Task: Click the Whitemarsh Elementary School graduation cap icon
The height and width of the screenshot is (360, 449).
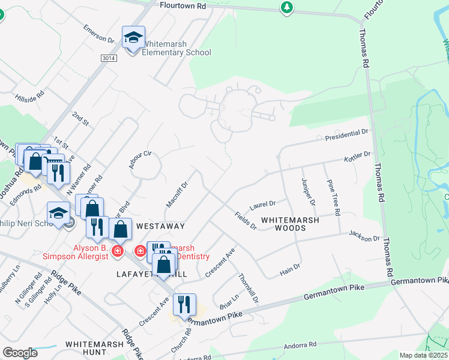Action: click(x=133, y=38)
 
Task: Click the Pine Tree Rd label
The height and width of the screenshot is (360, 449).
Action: click(x=332, y=197)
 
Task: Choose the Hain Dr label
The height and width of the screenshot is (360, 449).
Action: click(x=290, y=270)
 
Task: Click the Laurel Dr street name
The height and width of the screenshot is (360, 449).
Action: click(x=262, y=205)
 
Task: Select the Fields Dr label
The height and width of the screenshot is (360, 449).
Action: click(x=246, y=221)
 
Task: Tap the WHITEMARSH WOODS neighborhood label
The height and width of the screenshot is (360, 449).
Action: click(x=290, y=224)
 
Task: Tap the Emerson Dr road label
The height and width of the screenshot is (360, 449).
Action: click(x=99, y=34)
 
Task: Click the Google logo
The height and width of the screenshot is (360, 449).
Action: click(x=20, y=353)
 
